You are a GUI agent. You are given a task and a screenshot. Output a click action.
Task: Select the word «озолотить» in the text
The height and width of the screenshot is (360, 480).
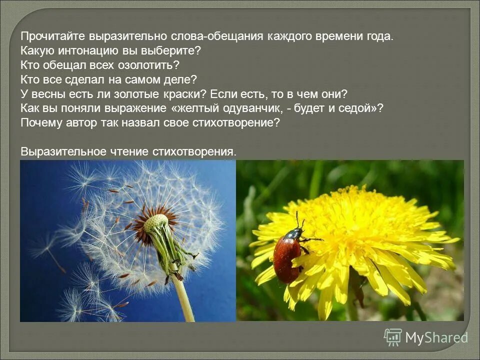[x=152, y=65]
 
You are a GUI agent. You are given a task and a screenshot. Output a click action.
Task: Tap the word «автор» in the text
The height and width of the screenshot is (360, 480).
[x=81, y=122]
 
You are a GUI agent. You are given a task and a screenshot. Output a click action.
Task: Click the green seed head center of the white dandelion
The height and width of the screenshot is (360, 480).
[x=156, y=223]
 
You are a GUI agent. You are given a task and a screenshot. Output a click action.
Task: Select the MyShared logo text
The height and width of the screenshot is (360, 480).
[x=436, y=338]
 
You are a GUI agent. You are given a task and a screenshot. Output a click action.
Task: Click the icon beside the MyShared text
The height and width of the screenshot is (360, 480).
[x=393, y=337]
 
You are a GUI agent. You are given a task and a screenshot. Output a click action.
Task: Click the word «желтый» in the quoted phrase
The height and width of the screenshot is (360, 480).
[x=198, y=108]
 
